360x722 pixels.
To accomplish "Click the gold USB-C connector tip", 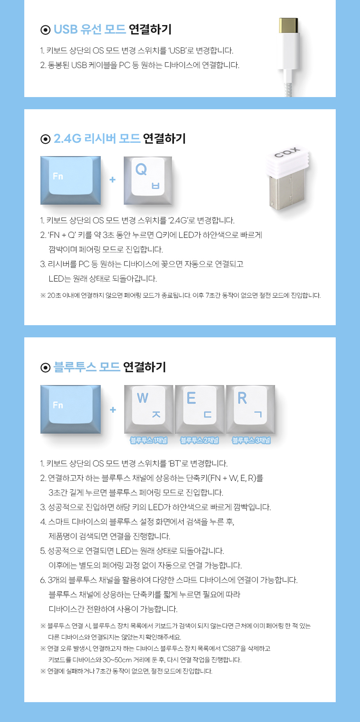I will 289,26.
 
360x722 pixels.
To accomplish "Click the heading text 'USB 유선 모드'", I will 90,29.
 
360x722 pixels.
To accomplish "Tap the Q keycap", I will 147,180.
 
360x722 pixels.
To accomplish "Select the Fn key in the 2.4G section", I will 70,180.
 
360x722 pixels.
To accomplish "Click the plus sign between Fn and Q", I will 112,180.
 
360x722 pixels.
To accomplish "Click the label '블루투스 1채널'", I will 149,440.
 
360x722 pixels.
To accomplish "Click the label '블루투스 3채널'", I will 251,440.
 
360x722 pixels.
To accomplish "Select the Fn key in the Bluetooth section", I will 70,409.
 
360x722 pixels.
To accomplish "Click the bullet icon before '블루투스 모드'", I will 45,367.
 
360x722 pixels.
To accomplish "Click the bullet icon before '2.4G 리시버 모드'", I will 45,139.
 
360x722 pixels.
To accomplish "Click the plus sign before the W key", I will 113,409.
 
